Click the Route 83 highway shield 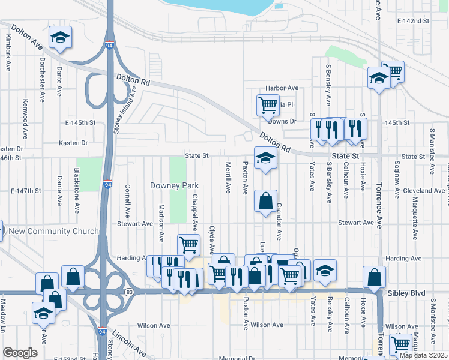coord(130,291)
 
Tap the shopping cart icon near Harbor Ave coord(268,105)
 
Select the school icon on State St coord(265,158)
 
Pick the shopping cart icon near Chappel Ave coord(188,244)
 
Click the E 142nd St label coord(414,20)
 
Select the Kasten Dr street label coord(73,143)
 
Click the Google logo coord(20,353)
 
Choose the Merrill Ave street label coord(228,177)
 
